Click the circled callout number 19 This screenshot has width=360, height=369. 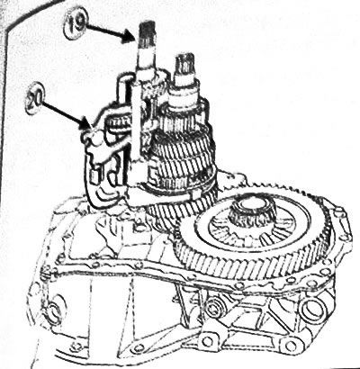(76, 23)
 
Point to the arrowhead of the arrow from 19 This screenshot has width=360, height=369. (129, 38)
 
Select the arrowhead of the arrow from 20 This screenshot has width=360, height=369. (86, 126)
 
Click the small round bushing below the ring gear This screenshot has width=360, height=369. (215, 306)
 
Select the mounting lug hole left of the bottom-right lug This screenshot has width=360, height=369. (207, 341)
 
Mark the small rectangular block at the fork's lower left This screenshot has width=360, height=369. (96, 175)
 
